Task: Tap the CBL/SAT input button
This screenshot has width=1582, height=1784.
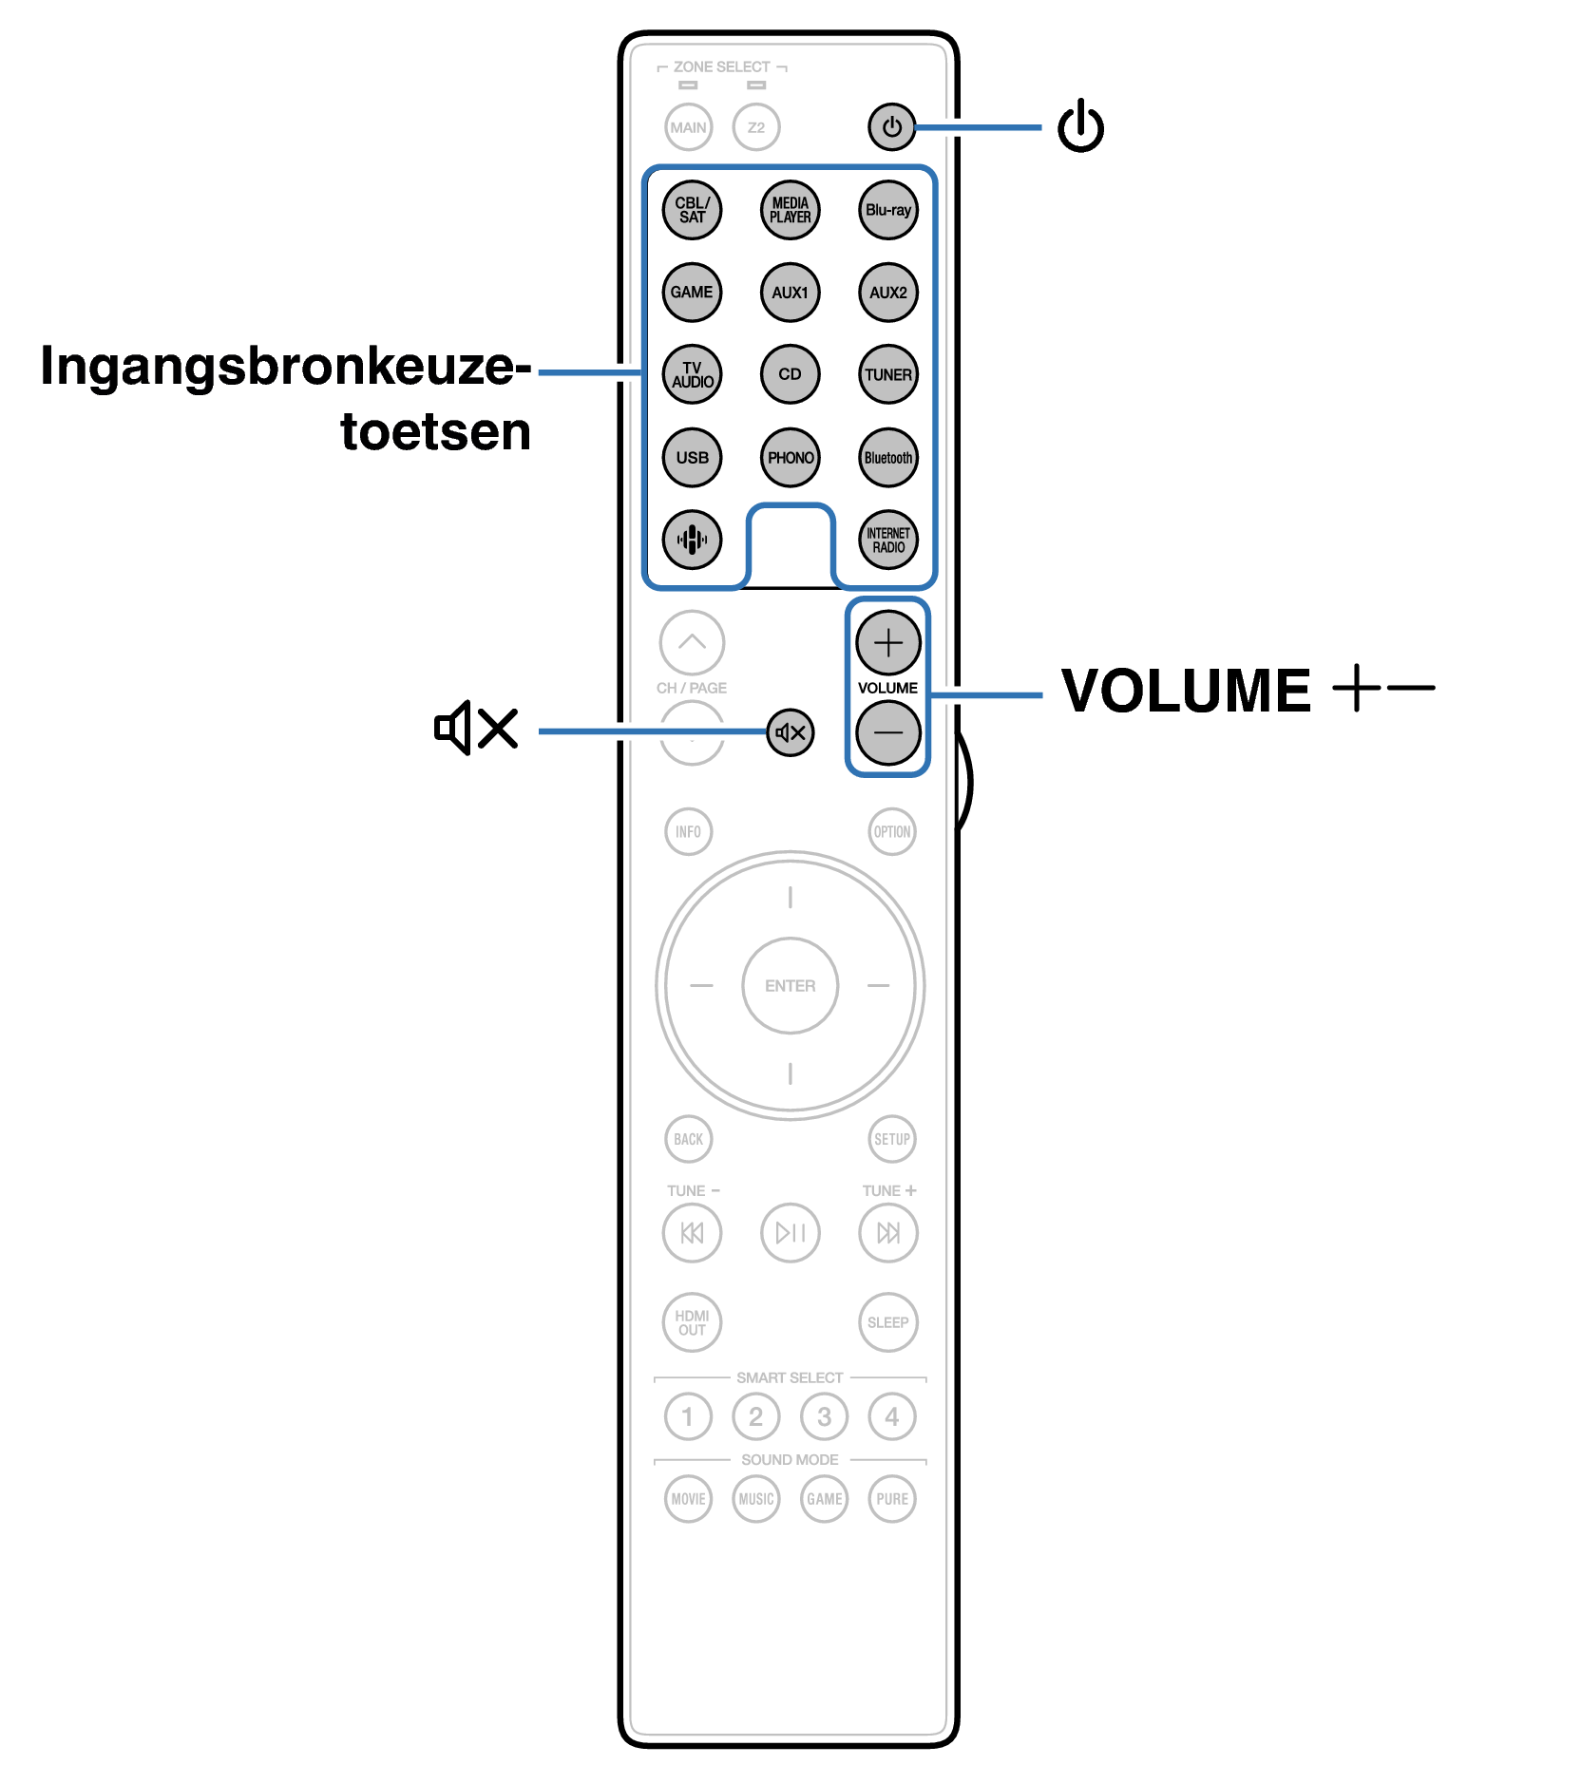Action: pyautogui.click(x=692, y=210)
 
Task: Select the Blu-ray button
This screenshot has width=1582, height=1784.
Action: pyautogui.click(x=887, y=210)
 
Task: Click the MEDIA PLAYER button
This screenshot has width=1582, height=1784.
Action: pyautogui.click(x=790, y=210)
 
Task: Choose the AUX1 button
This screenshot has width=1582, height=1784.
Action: pyautogui.click(x=790, y=293)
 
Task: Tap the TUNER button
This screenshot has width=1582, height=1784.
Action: pyautogui.click(x=887, y=374)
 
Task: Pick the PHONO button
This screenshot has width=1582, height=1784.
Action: pyautogui.click(x=790, y=457)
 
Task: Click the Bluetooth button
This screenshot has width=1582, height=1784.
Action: pyautogui.click(x=887, y=457)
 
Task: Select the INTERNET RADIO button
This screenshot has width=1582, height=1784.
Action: pyautogui.click(x=887, y=540)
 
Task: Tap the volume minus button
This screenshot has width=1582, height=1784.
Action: pyautogui.click(x=887, y=732)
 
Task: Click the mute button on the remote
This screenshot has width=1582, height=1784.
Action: pyautogui.click(x=790, y=732)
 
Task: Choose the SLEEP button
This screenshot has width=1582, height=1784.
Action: pyautogui.click(x=887, y=1322)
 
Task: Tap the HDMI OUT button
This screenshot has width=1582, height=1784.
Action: pyautogui.click(x=692, y=1322)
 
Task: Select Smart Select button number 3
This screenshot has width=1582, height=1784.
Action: pyautogui.click(x=824, y=1416)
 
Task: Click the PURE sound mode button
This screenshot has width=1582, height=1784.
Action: pyautogui.click(x=891, y=1499)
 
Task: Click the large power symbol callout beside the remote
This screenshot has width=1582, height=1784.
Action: pyautogui.click(x=1080, y=125)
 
